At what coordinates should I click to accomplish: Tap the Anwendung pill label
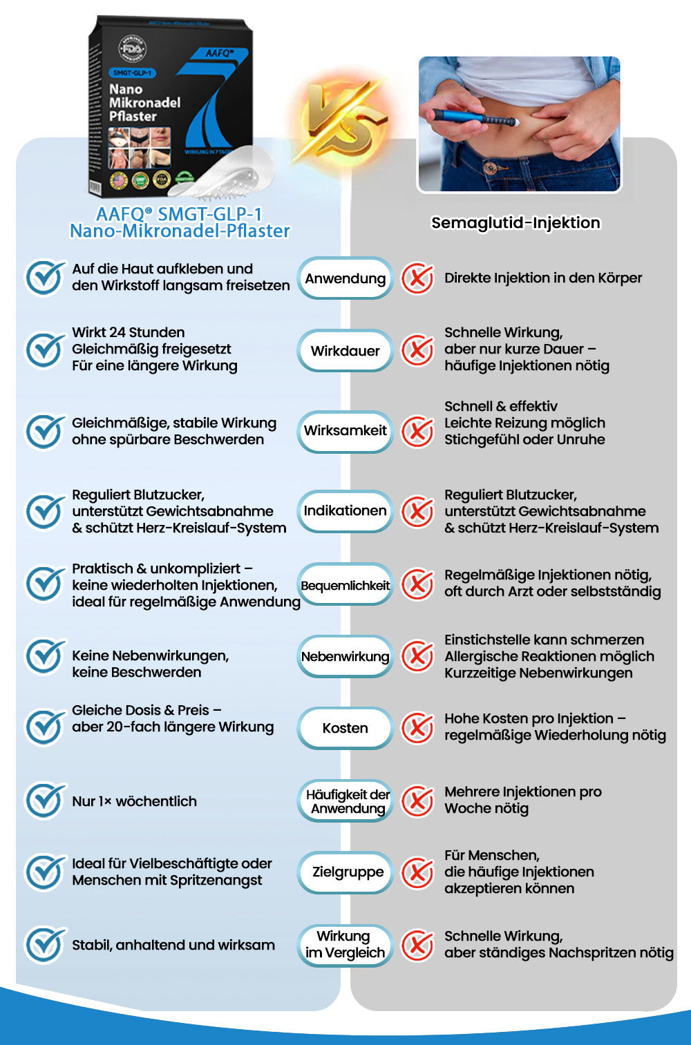click(345, 278)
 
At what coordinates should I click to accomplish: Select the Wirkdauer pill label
click(345, 350)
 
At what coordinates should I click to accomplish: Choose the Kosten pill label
click(345, 728)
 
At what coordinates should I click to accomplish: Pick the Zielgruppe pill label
click(348, 872)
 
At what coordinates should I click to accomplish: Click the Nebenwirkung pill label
click(345, 656)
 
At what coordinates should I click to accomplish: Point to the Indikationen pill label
click(345, 510)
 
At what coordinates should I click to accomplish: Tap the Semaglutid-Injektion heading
click(515, 222)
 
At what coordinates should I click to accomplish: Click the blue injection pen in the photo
click(477, 117)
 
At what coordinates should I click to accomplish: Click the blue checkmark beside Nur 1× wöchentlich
click(45, 800)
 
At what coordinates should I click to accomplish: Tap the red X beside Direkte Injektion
click(418, 278)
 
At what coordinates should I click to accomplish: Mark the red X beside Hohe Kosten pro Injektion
click(418, 727)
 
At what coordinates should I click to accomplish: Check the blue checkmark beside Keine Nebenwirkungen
click(45, 656)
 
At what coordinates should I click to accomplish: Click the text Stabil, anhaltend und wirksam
click(173, 945)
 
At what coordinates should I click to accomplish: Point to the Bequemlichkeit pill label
click(345, 585)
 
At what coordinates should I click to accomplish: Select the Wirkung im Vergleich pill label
click(345, 944)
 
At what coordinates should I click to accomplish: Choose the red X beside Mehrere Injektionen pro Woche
click(418, 800)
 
